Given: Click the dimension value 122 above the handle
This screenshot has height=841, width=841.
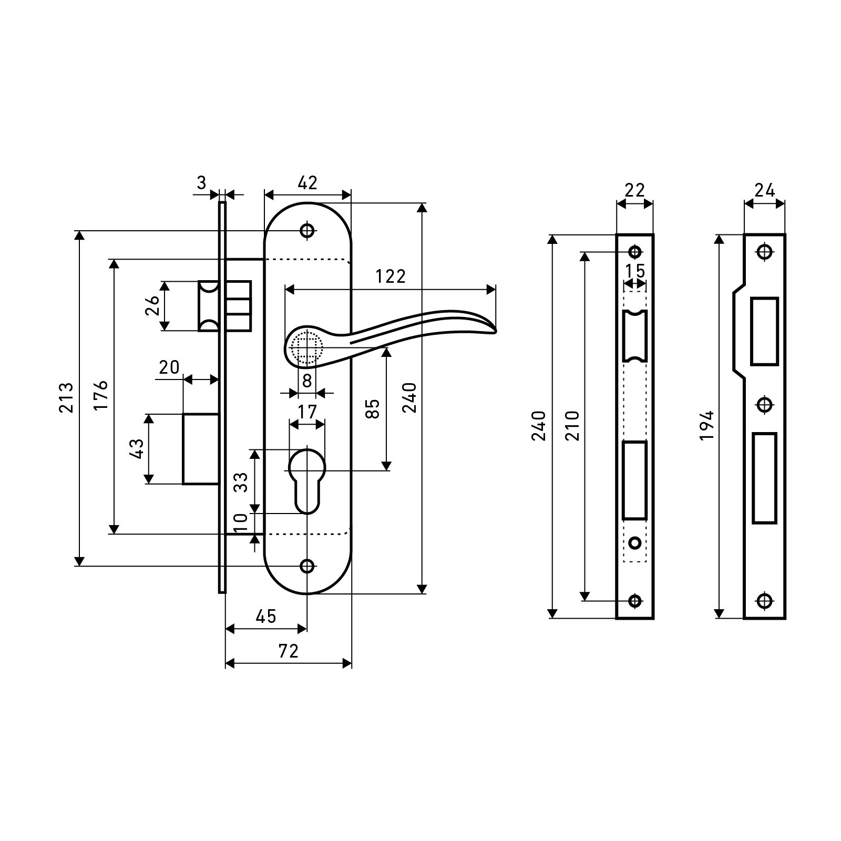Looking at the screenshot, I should (391, 276).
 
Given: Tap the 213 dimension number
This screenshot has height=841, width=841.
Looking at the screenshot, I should (66, 397).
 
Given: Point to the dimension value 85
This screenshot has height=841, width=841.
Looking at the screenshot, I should (372, 408).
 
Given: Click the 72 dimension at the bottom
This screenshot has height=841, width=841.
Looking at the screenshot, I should (288, 651).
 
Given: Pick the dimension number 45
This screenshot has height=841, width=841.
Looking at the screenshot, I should (265, 617).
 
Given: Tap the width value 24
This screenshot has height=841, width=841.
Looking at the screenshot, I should (764, 190).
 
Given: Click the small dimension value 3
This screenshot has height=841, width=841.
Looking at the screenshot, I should (201, 183).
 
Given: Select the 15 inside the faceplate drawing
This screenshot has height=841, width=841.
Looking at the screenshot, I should (635, 271).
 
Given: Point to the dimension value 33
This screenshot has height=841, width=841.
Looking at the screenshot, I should (240, 481).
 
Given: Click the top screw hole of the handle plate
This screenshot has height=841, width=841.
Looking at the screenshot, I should (307, 230).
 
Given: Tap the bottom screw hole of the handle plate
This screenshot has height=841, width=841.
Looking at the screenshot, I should (307, 566).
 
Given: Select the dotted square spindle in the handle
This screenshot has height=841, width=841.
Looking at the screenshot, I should (306, 347).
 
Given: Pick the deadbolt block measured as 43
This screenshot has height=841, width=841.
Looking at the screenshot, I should (200, 449).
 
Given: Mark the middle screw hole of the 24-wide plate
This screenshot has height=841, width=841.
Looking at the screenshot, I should (764, 404).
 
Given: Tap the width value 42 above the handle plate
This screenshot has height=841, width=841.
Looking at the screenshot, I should (307, 183).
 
